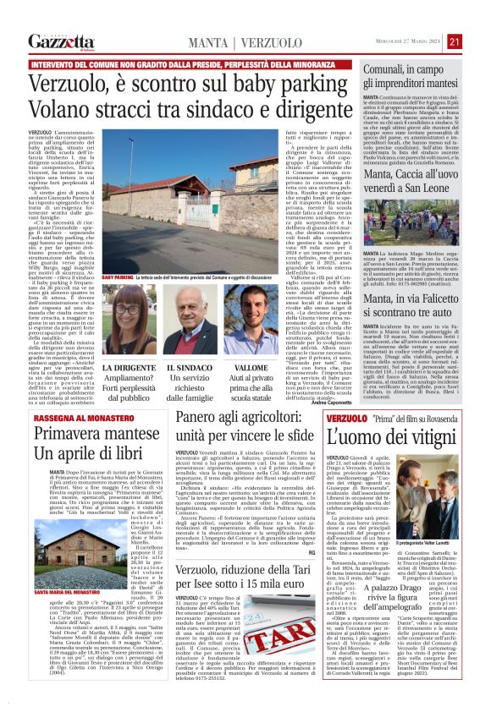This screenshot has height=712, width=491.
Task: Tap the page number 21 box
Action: pyautogui.click(x=478, y=41)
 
